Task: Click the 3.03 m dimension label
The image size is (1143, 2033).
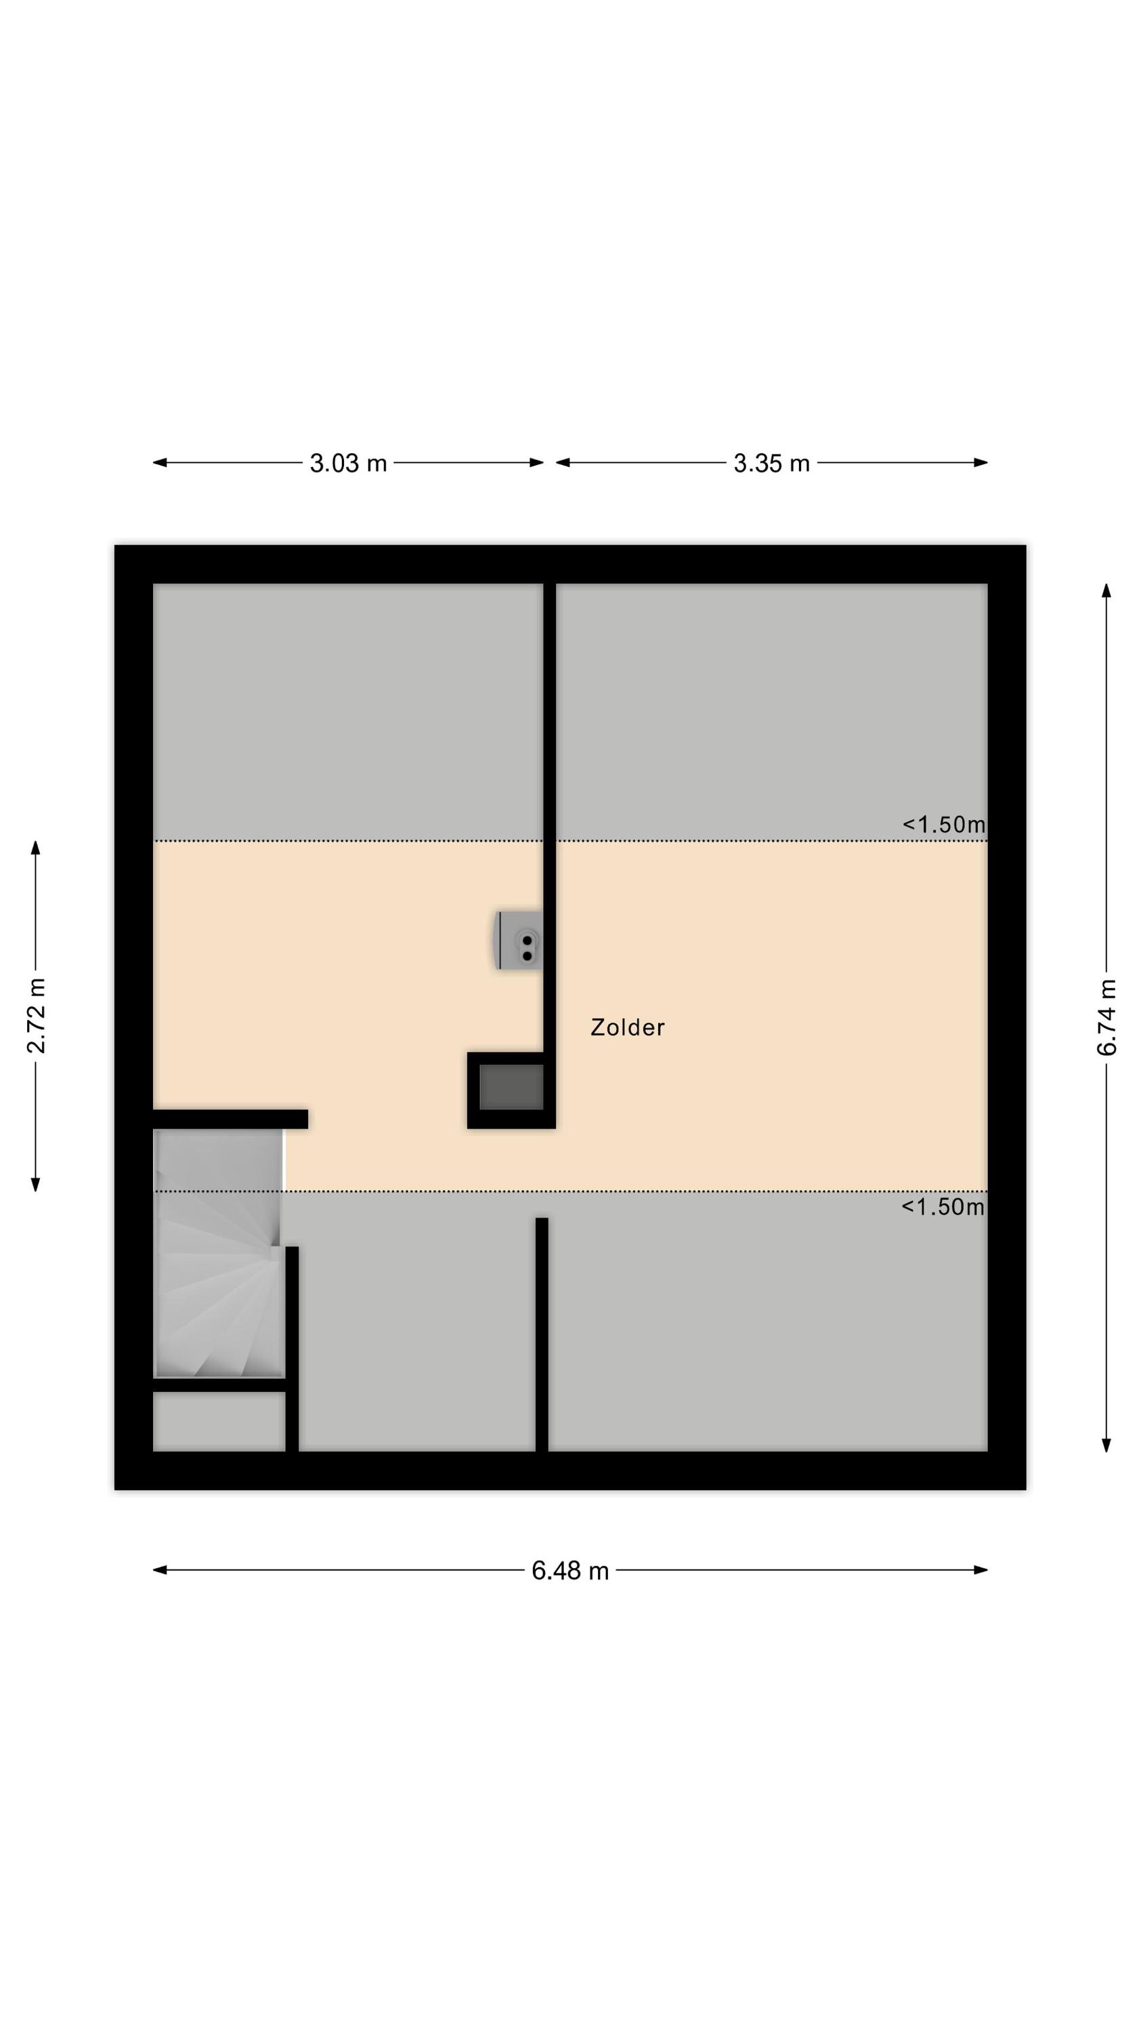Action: (348, 464)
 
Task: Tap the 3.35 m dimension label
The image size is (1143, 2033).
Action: (771, 464)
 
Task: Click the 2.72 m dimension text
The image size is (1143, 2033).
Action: (37, 1015)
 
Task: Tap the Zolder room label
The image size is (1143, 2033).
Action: (628, 1027)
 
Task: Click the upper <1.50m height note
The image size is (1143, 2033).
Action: (943, 825)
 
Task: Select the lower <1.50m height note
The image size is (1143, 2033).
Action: (943, 1207)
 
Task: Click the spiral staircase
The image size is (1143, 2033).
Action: (219, 1254)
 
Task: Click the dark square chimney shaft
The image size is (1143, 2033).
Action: (511, 1090)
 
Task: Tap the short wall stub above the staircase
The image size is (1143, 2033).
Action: (230, 1119)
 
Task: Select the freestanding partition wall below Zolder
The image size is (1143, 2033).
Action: (542, 1335)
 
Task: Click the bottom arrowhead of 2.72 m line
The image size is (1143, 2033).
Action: (35, 1184)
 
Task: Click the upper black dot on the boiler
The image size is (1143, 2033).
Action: (527, 941)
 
